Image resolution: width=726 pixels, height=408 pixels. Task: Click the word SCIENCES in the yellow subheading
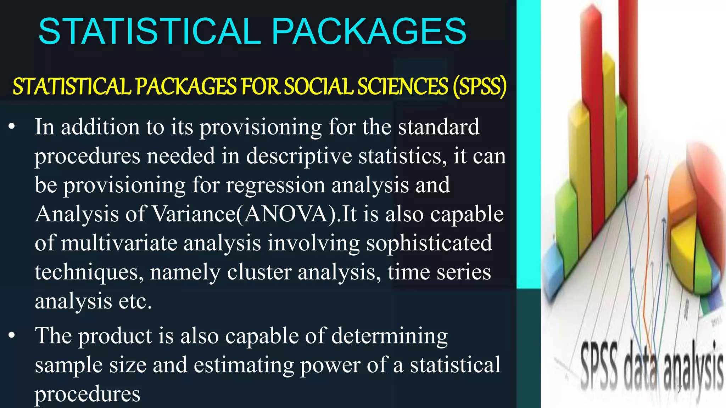(403, 87)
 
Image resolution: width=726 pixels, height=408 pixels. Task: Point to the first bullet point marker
(12, 126)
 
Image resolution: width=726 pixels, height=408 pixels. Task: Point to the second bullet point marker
(12, 335)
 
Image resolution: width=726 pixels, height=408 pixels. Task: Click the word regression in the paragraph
(275, 185)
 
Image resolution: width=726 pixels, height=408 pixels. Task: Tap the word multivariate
(119, 243)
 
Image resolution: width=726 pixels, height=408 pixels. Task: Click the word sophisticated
(429, 243)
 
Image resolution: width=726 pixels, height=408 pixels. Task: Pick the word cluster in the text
(259, 272)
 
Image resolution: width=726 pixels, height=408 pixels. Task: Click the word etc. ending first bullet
(135, 301)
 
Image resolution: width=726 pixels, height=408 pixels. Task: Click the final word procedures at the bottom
(87, 394)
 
